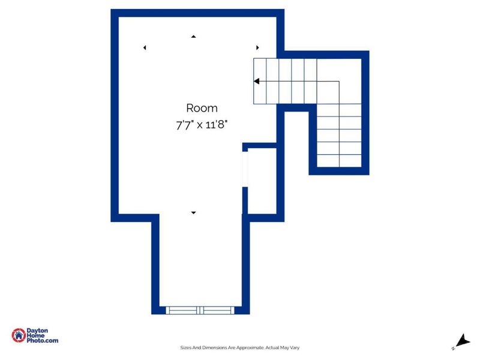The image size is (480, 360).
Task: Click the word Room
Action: pyautogui.click(x=202, y=109)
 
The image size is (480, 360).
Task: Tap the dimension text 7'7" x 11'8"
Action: pyautogui.click(x=202, y=125)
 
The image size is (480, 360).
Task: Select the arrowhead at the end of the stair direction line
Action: pyautogui.click(x=256, y=81)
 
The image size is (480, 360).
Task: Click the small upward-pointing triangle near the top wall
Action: pyautogui.click(x=193, y=37)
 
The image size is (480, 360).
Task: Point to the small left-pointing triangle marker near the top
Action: pyautogui.click(x=145, y=47)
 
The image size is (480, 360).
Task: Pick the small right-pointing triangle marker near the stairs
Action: pyautogui.click(x=257, y=47)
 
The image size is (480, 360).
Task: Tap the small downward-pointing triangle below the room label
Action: pyautogui.click(x=193, y=212)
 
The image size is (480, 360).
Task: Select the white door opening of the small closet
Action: pyautogui.click(x=245, y=171)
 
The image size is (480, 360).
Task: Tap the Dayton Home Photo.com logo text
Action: pyautogui.click(x=43, y=335)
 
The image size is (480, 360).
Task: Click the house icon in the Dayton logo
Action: pyautogui.click(x=19, y=335)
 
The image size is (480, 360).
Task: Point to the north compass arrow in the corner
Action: pyautogui.click(x=461, y=341)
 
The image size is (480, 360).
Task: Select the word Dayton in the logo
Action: pyautogui.click(x=38, y=331)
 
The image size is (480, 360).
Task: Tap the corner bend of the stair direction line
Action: pyautogui.click(x=340, y=81)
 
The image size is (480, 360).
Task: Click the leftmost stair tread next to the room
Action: pyautogui.click(x=260, y=81)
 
